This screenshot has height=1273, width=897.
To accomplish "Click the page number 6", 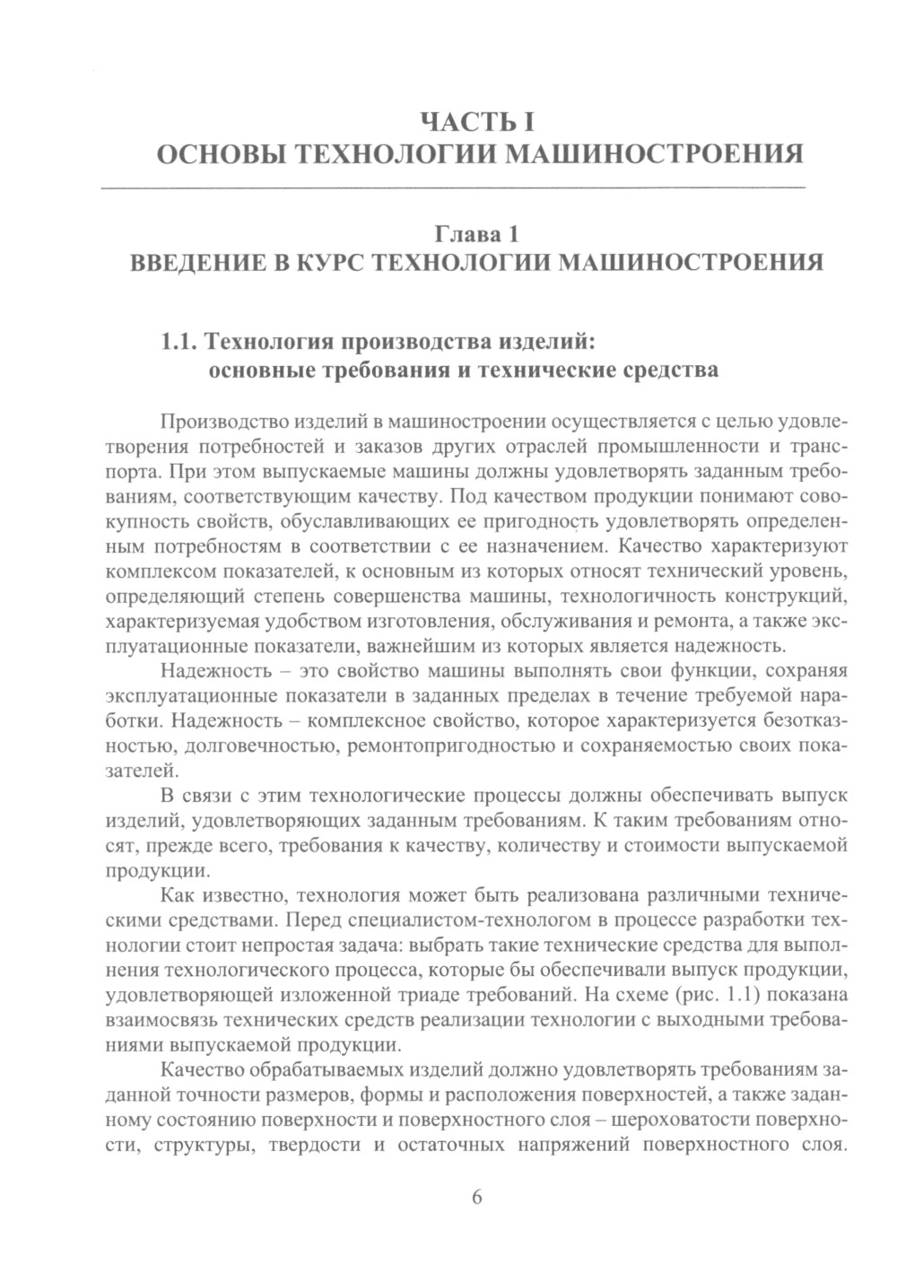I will tap(477, 1198).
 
